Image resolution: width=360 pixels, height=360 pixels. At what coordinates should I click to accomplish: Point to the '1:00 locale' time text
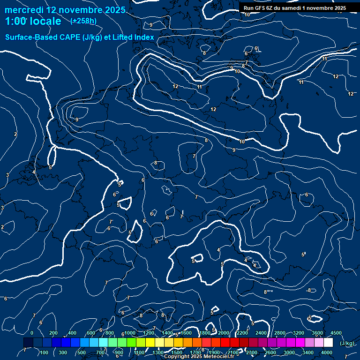click(33, 21)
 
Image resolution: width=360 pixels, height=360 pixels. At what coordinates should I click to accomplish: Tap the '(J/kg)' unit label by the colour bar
click(347, 344)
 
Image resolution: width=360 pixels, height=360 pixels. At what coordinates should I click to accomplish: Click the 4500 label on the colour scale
click(336, 333)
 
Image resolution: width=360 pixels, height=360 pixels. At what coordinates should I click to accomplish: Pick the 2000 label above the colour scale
click(224, 333)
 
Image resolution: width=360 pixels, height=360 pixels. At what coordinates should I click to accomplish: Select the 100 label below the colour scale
click(44, 352)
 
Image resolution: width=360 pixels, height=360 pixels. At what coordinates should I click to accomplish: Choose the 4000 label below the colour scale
click(327, 352)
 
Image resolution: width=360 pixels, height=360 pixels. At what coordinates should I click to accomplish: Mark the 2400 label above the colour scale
click(261, 333)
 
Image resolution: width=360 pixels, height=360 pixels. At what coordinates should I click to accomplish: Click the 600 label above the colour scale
click(91, 333)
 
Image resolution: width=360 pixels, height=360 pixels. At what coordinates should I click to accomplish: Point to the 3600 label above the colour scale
click(317, 333)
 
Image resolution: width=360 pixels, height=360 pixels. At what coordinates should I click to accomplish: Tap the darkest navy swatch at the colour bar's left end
click(28, 343)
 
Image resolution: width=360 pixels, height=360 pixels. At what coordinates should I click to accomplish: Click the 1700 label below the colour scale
click(196, 352)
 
